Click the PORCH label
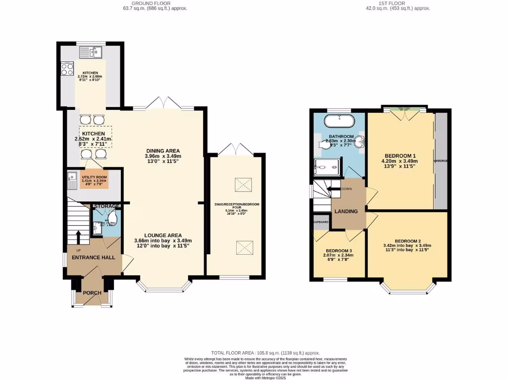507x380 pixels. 92,293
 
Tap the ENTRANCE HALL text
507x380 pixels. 94,257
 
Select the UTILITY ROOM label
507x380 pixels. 94,177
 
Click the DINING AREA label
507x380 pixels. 163,151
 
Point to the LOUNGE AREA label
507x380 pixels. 163,235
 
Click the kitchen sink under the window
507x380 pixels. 90,51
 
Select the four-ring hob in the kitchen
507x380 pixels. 67,69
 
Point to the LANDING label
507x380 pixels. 346,211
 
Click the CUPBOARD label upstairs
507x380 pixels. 321,223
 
